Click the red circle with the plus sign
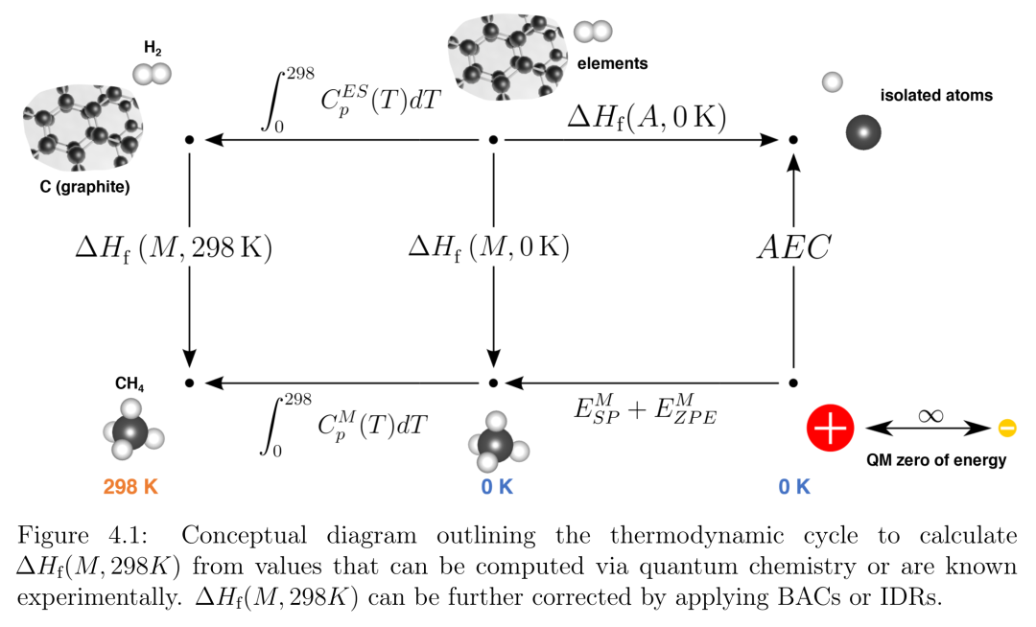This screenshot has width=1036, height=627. click(x=831, y=428)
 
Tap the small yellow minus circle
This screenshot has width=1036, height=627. click(x=1007, y=429)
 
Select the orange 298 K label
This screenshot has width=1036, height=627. click(x=130, y=487)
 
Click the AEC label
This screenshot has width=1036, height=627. click(x=793, y=248)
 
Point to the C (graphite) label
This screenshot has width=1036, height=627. click(x=84, y=187)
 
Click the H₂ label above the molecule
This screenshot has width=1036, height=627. click(x=153, y=48)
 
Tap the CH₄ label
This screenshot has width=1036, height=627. click(x=129, y=383)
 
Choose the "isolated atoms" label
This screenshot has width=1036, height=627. click(x=936, y=95)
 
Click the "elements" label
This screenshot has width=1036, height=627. click(x=612, y=63)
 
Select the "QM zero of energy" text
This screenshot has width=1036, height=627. click(x=936, y=460)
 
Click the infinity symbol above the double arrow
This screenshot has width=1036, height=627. click(x=930, y=416)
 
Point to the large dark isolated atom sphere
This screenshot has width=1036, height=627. click(x=863, y=132)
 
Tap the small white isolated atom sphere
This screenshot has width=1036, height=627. click(x=833, y=81)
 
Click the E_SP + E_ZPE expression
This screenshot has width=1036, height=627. click(x=645, y=409)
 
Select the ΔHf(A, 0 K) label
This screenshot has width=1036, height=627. click(x=647, y=118)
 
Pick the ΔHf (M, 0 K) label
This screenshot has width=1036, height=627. click(x=489, y=248)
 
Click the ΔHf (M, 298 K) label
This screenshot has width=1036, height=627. click(x=174, y=248)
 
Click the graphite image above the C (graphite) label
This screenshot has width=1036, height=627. click(x=83, y=126)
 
